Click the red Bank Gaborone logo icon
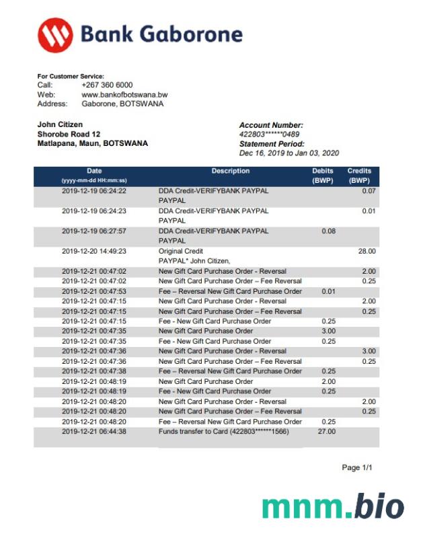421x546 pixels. point(55,34)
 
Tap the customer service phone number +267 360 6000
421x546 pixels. point(107,85)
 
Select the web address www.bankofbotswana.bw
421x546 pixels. point(124,95)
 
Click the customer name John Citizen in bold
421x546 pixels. point(60,124)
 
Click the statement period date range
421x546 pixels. point(289,153)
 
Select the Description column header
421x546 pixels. point(231,171)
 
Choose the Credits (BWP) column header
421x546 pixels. point(359,175)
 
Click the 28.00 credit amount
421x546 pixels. point(367,251)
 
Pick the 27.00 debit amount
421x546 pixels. point(326,431)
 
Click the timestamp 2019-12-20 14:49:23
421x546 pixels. point(94,251)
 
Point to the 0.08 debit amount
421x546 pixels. point(328,231)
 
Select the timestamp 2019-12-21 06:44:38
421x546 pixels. point(94,431)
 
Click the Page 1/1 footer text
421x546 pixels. point(356,467)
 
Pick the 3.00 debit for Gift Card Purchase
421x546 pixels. point(328,331)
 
